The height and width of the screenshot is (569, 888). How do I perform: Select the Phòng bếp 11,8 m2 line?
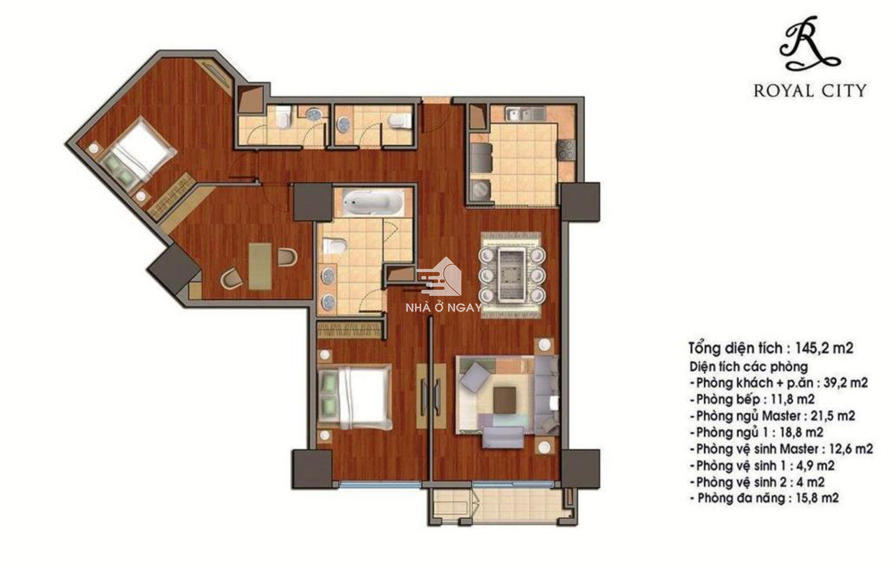pyautogui.click(x=752, y=399)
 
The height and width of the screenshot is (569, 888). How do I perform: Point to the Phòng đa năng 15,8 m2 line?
pyautogui.click(x=764, y=498)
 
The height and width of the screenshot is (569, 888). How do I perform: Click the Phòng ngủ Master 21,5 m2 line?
pyautogui.click(x=772, y=416)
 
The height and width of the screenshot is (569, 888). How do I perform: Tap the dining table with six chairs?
pyautogui.click(x=511, y=275)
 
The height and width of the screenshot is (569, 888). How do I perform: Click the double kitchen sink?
pyautogui.click(x=525, y=114)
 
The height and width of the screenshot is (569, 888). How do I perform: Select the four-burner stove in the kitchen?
pyautogui.click(x=566, y=151)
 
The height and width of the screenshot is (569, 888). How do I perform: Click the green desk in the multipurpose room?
pyautogui.click(x=260, y=266)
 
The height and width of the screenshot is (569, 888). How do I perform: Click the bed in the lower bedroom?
pyautogui.click(x=355, y=397)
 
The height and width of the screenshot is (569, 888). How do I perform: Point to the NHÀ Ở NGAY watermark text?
pyautogui.click(x=443, y=307)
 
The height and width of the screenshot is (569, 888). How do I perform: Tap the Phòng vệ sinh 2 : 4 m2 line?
pyautogui.click(x=757, y=482)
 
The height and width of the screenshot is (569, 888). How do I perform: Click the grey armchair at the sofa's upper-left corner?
pyautogui.click(x=475, y=377)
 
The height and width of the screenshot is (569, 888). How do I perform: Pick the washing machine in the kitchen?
pyautogui.click(x=481, y=189)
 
